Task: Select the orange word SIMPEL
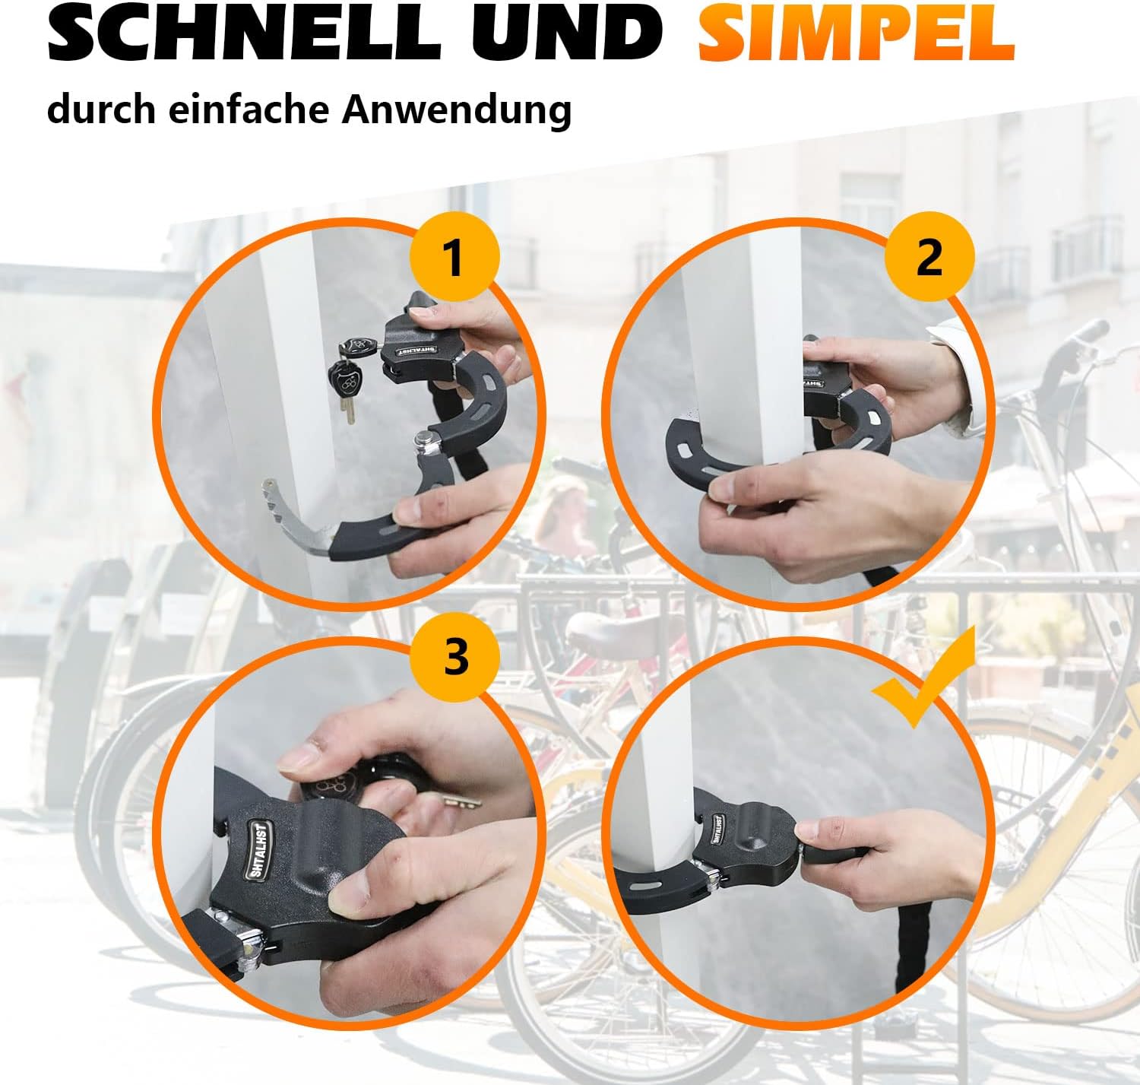[856, 33]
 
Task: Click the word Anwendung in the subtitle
[456, 110]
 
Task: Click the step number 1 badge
[454, 256]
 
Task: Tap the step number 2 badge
[929, 256]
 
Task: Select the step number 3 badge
[454, 658]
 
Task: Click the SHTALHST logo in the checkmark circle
[718, 830]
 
